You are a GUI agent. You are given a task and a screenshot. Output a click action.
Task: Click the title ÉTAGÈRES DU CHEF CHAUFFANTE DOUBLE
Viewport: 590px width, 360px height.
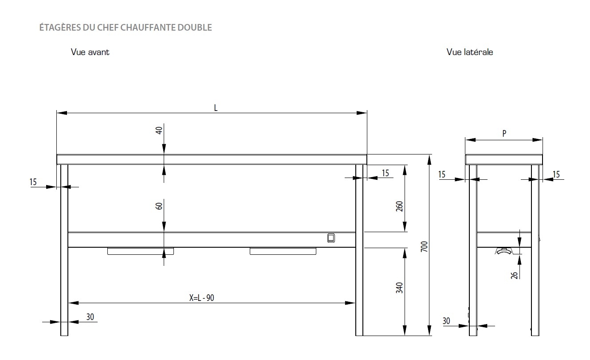pyautogui.click(x=126, y=28)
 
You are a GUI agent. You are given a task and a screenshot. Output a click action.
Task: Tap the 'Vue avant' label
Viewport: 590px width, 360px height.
pyautogui.click(x=90, y=52)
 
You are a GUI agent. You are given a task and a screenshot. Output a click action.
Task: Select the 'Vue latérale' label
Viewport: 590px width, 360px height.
pyautogui.click(x=470, y=52)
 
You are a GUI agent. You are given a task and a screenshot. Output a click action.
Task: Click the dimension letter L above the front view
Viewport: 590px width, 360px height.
pyautogui.click(x=216, y=108)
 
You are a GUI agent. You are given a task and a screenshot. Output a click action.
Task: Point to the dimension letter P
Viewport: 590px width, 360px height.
pyautogui.click(x=504, y=133)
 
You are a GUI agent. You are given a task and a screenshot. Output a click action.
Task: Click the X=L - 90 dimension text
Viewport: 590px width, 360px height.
pyautogui.click(x=202, y=298)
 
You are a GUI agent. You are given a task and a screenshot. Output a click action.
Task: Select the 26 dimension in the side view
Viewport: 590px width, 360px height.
pyautogui.click(x=514, y=275)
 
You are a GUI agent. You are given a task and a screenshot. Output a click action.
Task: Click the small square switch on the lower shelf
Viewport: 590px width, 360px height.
pyautogui.click(x=330, y=238)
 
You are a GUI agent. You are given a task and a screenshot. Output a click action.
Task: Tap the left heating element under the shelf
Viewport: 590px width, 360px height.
pyautogui.click(x=140, y=252)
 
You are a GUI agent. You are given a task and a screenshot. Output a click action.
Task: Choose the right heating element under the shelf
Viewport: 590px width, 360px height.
pyautogui.click(x=283, y=252)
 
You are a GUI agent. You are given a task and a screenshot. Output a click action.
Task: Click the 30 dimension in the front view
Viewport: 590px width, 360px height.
pyautogui.click(x=90, y=317)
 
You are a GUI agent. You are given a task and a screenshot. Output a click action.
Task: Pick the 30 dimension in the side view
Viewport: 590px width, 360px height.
pyautogui.click(x=446, y=320)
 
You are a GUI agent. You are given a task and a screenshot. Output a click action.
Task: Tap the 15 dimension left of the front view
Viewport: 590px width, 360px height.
pyautogui.click(x=34, y=182)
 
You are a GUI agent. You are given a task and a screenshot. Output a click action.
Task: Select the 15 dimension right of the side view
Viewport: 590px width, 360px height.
pyautogui.click(x=556, y=174)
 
